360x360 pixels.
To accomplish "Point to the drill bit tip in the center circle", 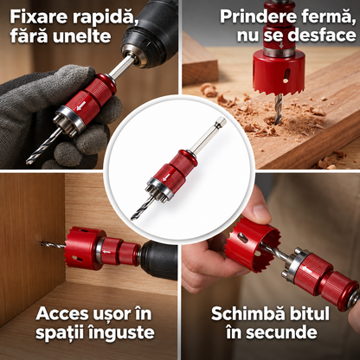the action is [x=132, y=218].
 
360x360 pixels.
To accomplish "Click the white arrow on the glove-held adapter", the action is [x=80, y=106].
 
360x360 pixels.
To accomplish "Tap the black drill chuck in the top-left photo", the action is [x=149, y=33].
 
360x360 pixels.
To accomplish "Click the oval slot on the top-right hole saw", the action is [x=286, y=75].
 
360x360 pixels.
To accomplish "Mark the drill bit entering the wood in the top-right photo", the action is [x=278, y=110].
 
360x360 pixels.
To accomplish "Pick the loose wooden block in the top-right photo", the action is [x=199, y=62].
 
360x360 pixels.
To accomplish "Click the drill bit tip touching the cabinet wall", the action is [x=42, y=242].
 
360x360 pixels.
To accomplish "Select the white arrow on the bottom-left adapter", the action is [x=106, y=252].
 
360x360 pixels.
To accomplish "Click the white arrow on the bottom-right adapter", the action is [x=306, y=269].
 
